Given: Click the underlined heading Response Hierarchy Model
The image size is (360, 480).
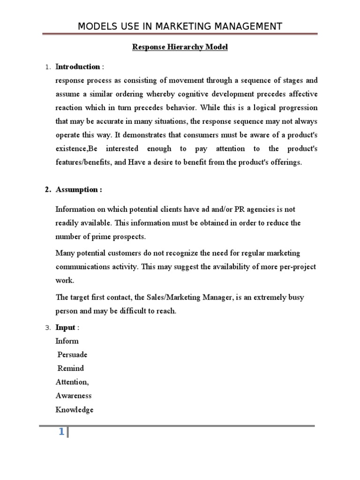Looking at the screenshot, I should [x=180, y=47].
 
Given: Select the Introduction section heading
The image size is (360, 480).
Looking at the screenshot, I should [x=78, y=67].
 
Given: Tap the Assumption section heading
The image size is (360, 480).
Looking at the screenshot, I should [x=79, y=190].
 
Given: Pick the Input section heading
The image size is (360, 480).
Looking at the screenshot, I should [x=65, y=327].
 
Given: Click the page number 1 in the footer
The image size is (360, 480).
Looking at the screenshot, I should [x=61, y=432].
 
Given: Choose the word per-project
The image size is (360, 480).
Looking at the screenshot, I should [x=296, y=267].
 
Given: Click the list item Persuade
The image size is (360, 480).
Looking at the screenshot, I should [x=72, y=354].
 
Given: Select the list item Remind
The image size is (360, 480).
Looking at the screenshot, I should [x=71, y=368].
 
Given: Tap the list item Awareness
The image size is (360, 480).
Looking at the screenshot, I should [x=74, y=396].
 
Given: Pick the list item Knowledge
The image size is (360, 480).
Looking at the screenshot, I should [x=75, y=410].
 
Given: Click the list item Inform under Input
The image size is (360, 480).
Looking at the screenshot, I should [x=67, y=341].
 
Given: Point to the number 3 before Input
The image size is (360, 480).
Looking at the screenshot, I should [x=47, y=328].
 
